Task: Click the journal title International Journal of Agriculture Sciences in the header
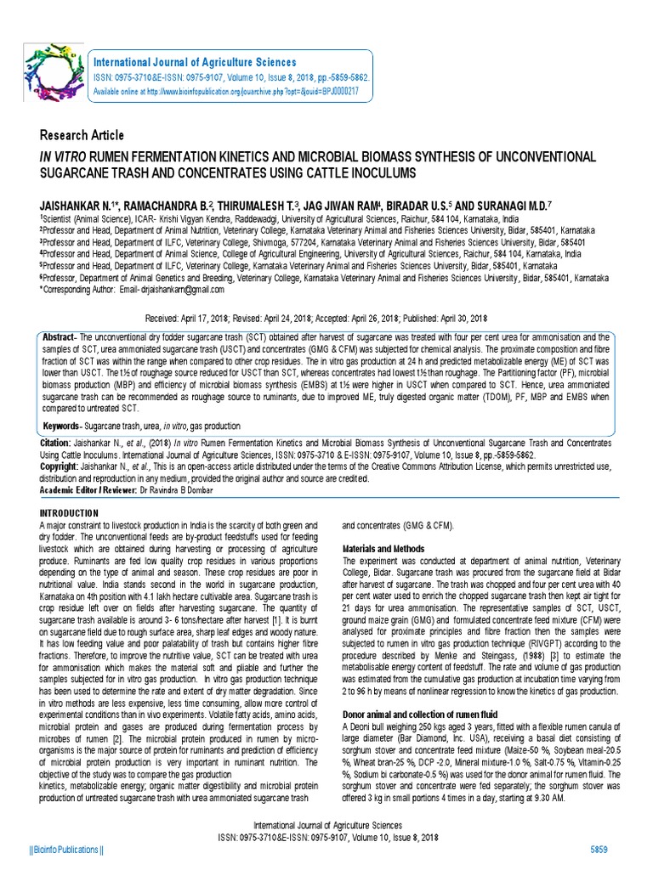click(x=195, y=63)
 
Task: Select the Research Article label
click(x=82, y=136)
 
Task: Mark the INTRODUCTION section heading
click(x=70, y=513)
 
